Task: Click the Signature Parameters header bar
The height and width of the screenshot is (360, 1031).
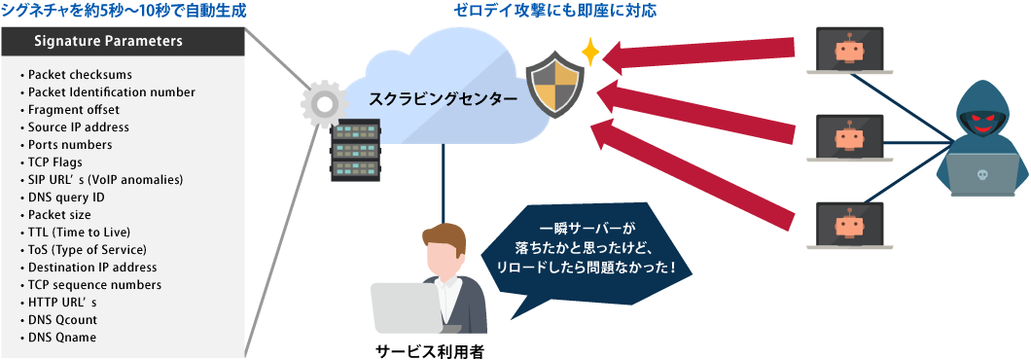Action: [122, 42]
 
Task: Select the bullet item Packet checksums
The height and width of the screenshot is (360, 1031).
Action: [80, 75]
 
